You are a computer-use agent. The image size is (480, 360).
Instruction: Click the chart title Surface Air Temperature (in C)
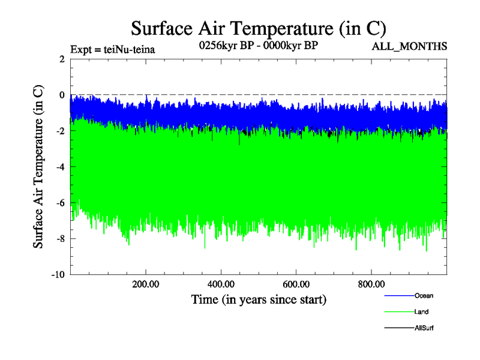(x=258, y=28)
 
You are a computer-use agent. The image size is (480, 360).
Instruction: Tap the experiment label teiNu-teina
(x=113, y=49)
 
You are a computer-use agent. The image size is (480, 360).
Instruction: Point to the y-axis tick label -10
(x=58, y=275)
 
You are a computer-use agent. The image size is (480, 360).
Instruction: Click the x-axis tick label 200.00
(x=146, y=284)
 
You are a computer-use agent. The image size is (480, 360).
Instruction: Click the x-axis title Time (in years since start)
(x=259, y=299)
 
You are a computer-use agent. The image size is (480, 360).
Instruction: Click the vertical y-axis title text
(x=38, y=167)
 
